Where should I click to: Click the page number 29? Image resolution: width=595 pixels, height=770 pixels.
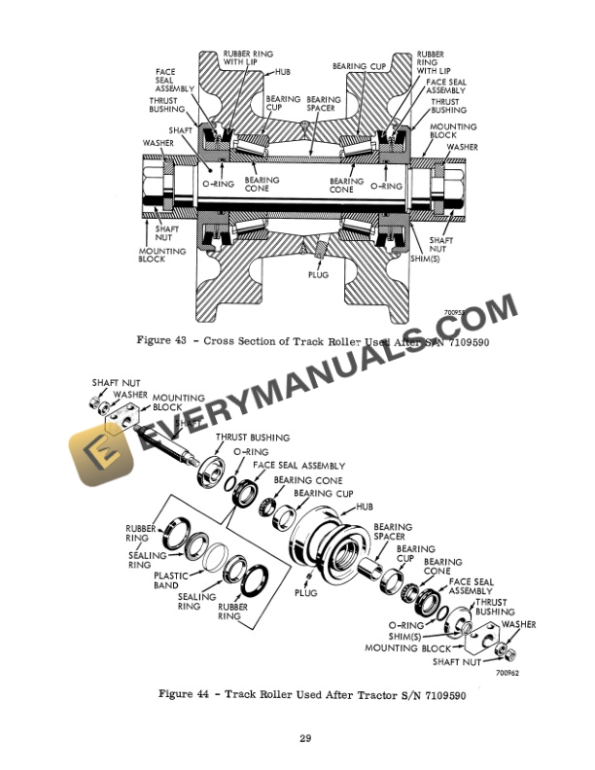point(304,741)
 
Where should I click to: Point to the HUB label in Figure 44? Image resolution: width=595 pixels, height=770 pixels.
point(365,507)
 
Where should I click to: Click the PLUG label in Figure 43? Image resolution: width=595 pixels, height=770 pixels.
point(318,274)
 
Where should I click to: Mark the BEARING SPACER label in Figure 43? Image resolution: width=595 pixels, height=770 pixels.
point(323,104)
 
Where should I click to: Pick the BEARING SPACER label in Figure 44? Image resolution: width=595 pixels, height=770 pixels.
point(392,532)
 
